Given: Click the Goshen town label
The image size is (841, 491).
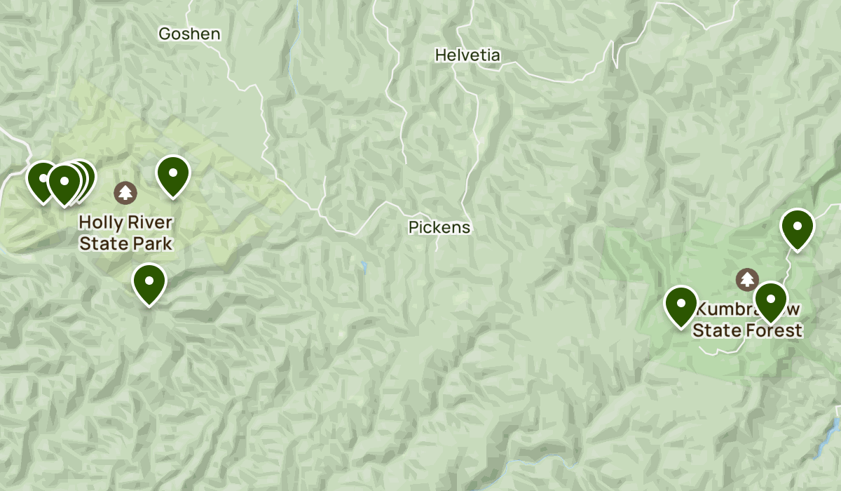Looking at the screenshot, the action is pyautogui.click(x=189, y=34).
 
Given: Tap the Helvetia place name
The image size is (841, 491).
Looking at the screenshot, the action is pyautogui.click(x=467, y=55).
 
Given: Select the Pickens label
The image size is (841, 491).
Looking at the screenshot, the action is pyautogui.click(x=439, y=227).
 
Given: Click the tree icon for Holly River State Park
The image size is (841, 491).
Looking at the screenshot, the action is pyautogui.click(x=125, y=192).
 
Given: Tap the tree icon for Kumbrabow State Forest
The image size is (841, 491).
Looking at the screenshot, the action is pyautogui.click(x=747, y=280).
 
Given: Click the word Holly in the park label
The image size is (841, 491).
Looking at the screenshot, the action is pyautogui.click(x=97, y=222).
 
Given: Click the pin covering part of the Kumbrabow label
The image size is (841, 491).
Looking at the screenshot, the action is pyautogui.click(x=771, y=301).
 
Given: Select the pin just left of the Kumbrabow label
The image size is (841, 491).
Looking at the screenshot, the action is pyautogui.click(x=681, y=305).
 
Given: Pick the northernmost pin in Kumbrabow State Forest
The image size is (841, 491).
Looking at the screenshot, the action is pyautogui.click(x=797, y=228).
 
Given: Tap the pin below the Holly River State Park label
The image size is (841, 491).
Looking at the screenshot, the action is pyautogui.click(x=149, y=282).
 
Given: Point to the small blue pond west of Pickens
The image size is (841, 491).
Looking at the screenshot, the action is pyautogui.click(x=364, y=265).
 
